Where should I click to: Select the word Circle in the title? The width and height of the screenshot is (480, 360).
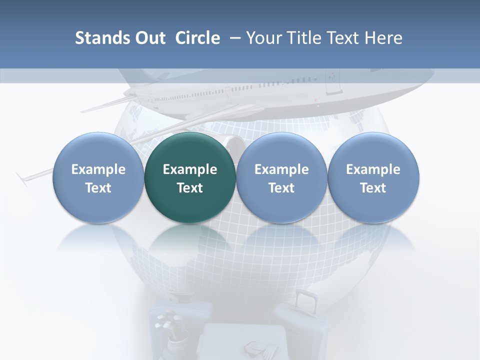pyautogui.click(x=197, y=38)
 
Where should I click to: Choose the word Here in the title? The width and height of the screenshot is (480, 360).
pyautogui.click(x=384, y=38)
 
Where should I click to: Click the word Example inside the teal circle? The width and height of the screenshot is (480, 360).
pyautogui.click(x=190, y=169)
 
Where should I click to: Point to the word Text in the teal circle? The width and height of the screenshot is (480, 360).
pyautogui.click(x=190, y=188)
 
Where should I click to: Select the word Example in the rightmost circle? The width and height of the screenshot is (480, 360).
pyautogui.click(x=373, y=169)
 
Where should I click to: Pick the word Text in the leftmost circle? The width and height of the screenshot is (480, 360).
pyautogui.click(x=98, y=188)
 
